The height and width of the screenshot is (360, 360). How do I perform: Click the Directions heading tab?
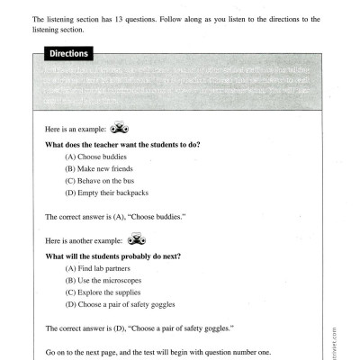[68, 54]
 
